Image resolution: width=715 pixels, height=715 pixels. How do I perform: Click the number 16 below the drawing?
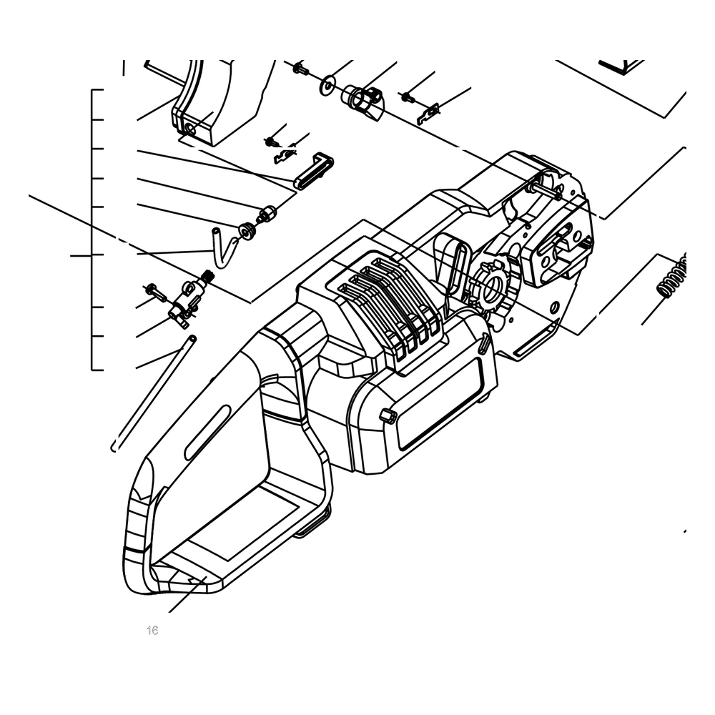(152, 630)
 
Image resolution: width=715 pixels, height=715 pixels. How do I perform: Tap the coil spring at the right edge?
(673, 277)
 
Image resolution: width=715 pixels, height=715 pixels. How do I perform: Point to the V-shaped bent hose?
(223, 247)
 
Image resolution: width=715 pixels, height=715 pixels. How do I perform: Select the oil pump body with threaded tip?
(191, 297)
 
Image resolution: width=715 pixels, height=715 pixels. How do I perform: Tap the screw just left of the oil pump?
(155, 292)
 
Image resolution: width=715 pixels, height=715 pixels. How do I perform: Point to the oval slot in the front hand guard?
(207, 432)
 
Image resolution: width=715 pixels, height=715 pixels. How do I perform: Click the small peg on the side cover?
(387, 416)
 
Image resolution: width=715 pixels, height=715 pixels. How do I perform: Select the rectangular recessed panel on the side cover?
(439, 398)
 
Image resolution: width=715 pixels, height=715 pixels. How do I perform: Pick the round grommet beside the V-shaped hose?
(247, 231)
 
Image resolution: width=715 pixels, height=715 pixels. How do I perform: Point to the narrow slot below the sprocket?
(536, 337)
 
